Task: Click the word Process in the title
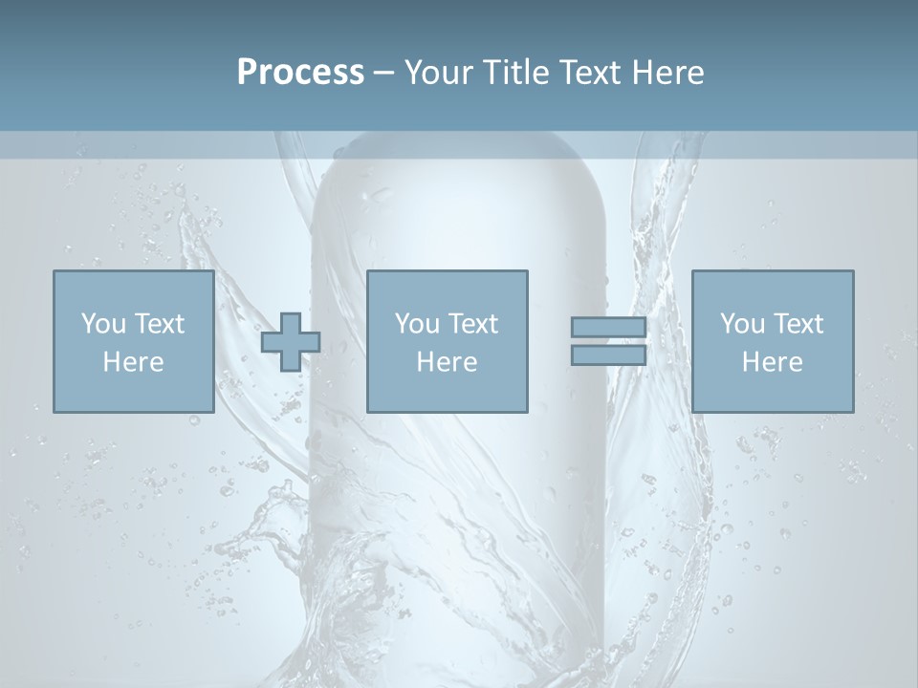click(300, 73)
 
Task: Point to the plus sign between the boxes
click(291, 342)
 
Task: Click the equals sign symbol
click(608, 341)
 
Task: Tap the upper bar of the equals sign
click(608, 328)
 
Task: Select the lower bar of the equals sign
click(608, 355)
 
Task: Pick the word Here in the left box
click(133, 362)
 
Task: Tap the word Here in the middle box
click(447, 362)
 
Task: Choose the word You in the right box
click(743, 324)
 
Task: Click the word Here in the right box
click(772, 362)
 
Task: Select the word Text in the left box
click(159, 324)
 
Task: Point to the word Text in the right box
click(798, 324)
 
